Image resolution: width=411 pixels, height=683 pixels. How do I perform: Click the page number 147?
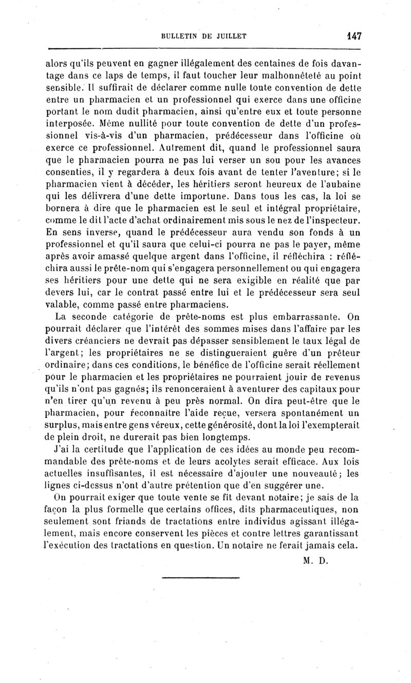(354, 36)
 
